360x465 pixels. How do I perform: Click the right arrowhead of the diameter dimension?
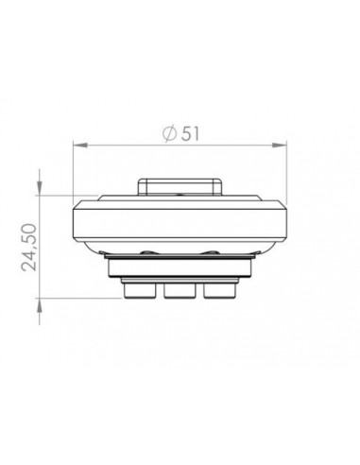[282, 146]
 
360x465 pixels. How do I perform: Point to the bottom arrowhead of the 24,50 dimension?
[40, 297]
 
